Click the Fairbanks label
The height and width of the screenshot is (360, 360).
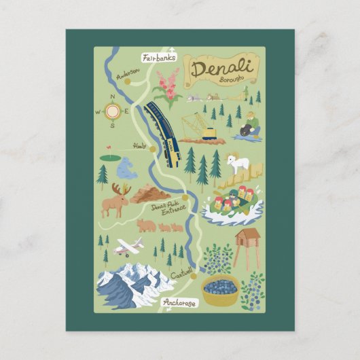tap(160, 58)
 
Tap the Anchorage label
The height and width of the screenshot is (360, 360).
tap(180, 303)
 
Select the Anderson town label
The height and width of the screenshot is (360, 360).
tap(128, 73)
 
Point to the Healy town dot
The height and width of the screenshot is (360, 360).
tap(153, 149)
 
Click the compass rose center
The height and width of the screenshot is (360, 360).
tap(113, 111)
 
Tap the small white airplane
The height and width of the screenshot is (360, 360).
tap(128, 247)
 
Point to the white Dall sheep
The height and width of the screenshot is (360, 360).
tap(237, 164)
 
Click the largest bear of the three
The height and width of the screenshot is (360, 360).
tap(145, 225)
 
